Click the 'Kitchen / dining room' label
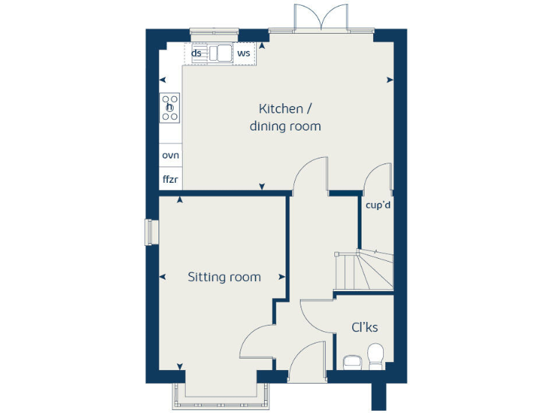(285, 118)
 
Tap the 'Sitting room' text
(224, 277)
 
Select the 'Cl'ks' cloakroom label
(364, 327)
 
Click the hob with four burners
(171, 108)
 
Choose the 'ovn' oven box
(170, 155)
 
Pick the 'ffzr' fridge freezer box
(170, 179)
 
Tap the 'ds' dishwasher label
(196, 53)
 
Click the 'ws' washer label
(244, 53)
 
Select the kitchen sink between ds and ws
(220, 53)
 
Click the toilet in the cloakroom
(375, 356)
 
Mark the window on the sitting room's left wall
(150, 232)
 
